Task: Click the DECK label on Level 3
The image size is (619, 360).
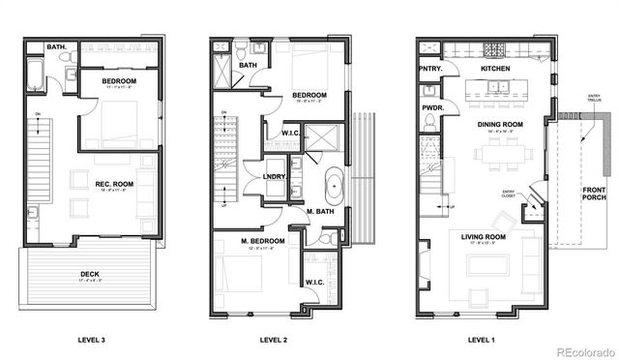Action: (88, 274)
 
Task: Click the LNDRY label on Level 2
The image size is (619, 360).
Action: (273, 176)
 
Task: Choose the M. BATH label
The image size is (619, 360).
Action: (320, 211)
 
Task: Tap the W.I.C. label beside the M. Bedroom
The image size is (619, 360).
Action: (313, 283)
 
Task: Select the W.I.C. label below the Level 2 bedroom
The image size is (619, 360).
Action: (288, 133)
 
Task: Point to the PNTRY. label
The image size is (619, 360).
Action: (430, 70)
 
